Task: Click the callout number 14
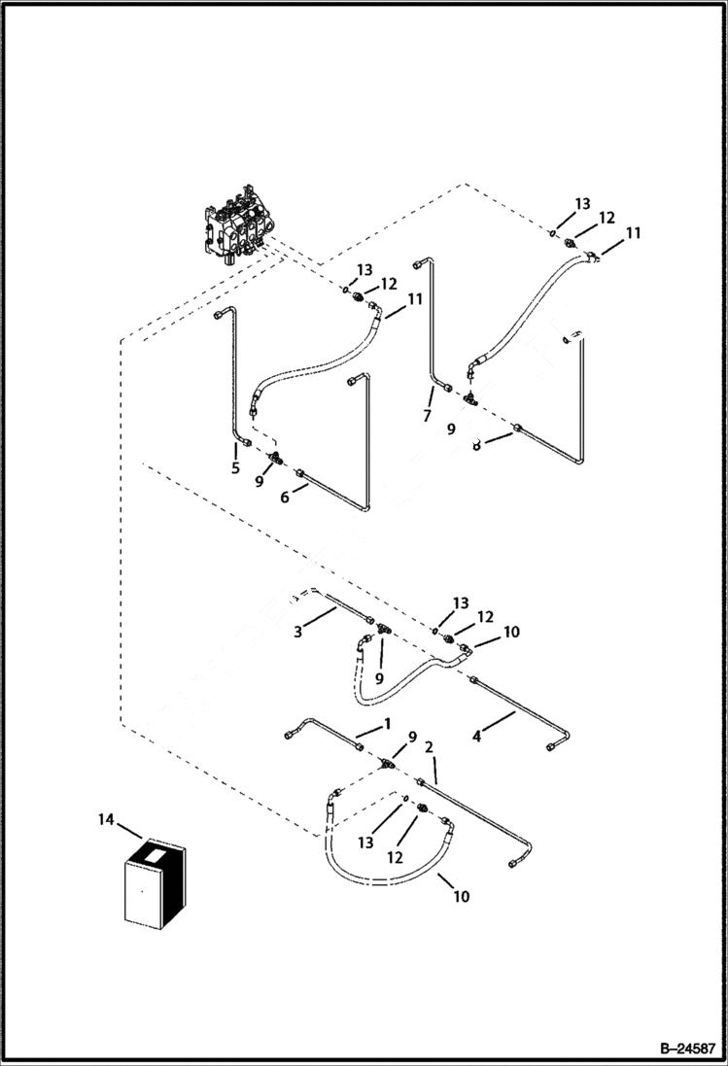106,820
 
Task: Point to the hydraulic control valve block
234,232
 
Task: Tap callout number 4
476,737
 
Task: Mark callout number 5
235,467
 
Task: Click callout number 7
426,416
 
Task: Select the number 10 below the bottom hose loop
461,896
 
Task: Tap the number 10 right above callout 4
511,632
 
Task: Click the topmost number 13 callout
582,204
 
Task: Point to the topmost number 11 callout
633,233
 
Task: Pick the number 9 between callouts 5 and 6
260,480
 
